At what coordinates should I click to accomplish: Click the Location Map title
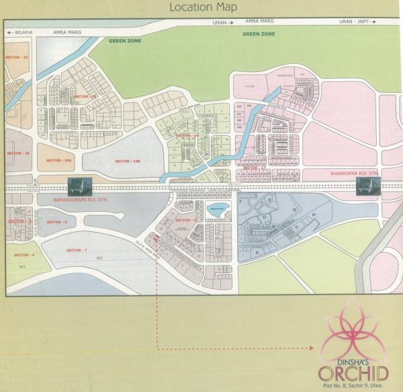click(201, 8)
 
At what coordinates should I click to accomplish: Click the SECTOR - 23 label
click(17, 58)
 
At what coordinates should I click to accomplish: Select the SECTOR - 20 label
click(18, 153)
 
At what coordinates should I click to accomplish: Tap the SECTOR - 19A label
click(59, 160)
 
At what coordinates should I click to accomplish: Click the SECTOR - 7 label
click(77, 250)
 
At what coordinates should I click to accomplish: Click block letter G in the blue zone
click(294, 210)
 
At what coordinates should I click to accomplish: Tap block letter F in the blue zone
click(270, 200)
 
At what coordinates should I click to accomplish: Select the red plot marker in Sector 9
click(156, 237)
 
